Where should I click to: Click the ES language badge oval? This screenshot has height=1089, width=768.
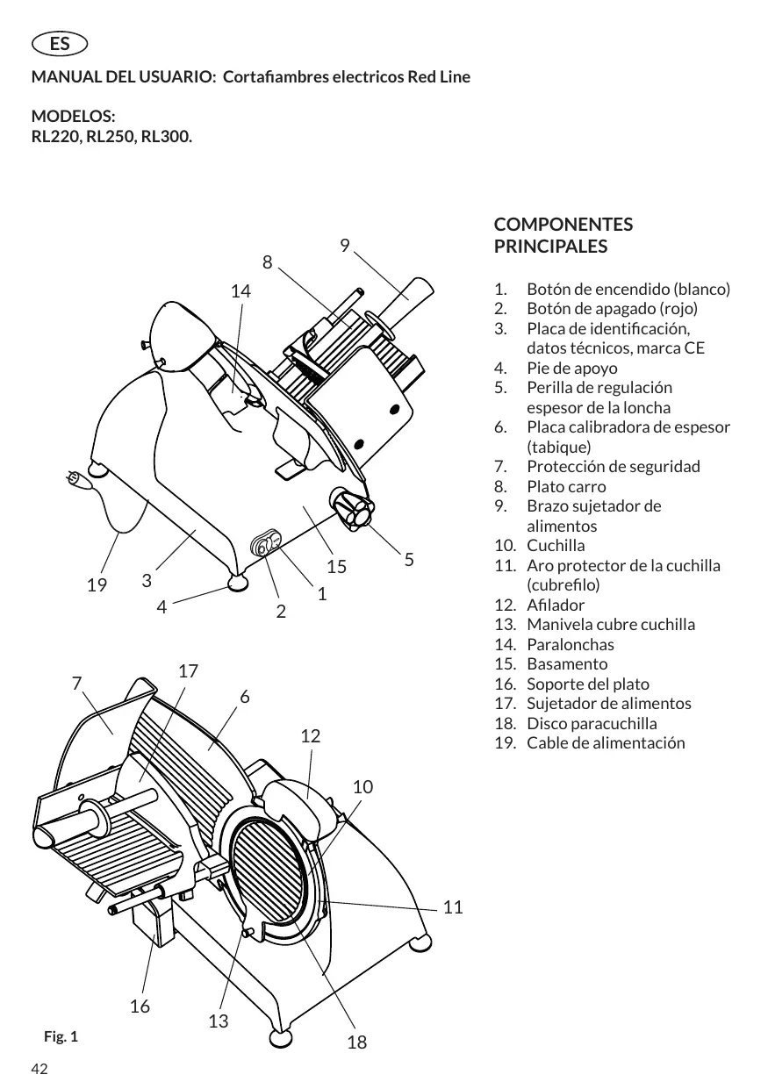point(60,44)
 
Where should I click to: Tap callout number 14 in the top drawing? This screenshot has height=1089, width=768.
point(240,291)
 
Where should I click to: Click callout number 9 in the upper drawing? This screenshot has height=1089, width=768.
point(344,246)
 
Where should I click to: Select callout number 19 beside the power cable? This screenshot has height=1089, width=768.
point(97,584)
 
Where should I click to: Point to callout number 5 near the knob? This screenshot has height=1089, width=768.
point(409,560)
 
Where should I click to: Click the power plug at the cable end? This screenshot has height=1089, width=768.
point(78,479)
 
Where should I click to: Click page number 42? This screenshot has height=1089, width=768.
point(39,1069)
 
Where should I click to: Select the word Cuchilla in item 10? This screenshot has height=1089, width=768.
point(556,546)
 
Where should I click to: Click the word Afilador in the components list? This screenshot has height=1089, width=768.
point(556,605)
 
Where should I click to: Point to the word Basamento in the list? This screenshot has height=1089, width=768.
point(567,663)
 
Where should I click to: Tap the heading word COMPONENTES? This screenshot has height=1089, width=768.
point(563,225)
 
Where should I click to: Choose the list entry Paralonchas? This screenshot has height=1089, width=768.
point(571,644)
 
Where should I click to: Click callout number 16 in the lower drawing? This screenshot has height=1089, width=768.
point(140,1007)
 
